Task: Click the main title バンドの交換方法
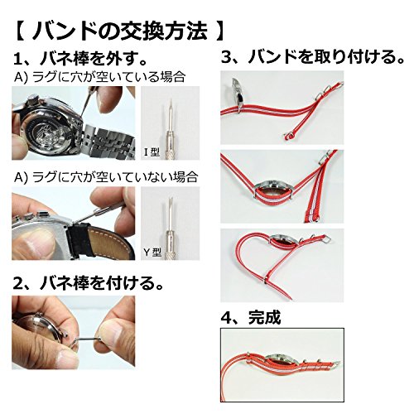[119, 31]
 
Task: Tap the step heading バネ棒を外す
[94, 59]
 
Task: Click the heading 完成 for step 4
[264, 317]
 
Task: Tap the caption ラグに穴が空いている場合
[108, 77]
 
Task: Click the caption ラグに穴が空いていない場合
[115, 176]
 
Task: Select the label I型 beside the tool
[152, 152]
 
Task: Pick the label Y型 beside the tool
[152, 252]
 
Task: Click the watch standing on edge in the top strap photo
[238, 93]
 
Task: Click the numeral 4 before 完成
[227, 318]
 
